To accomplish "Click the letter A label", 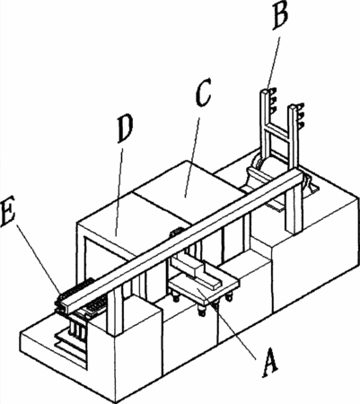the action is [270, 363].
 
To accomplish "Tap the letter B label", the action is [281, 15].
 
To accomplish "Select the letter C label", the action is [204, 92].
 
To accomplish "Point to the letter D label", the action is [125, 128].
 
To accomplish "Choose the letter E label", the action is [8, 214].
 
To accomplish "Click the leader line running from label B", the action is [273, 63].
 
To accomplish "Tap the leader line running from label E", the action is [40, 258].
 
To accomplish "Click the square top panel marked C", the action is [188, 191].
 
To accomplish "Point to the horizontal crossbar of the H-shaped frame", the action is [277, 132].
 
